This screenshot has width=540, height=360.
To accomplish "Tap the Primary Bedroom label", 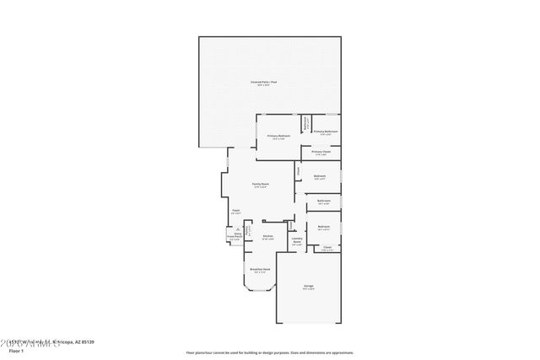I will (279, 135).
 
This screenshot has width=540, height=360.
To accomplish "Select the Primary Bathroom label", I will (326, 132).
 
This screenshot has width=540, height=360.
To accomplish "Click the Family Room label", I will (260, 184).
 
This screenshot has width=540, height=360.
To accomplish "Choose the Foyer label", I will (235, 211).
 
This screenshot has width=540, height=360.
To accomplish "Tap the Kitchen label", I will (267, 236).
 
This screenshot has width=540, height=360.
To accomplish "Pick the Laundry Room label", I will (297, 240).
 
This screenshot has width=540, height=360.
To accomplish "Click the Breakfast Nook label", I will (259, 270).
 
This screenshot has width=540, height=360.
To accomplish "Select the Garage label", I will (309, 287).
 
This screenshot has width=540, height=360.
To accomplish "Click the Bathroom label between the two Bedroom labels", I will (323, 201).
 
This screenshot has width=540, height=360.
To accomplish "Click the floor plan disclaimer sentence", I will (268, 352).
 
